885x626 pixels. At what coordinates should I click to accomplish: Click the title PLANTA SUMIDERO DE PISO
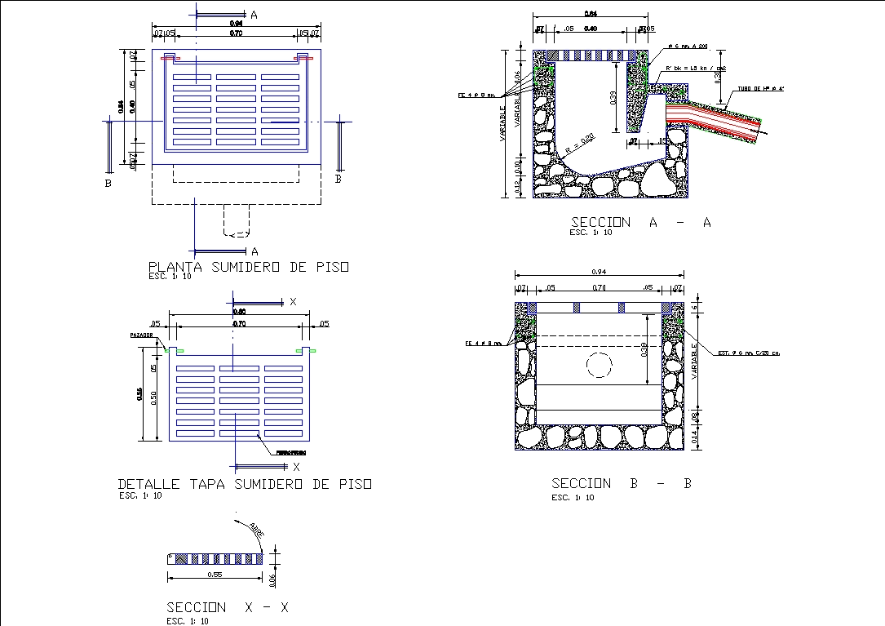[249, 267]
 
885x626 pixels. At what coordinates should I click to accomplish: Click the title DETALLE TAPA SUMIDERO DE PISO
[245, 484]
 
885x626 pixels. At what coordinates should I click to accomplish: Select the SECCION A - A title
[640, 223]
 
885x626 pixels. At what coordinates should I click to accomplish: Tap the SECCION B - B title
[622, 484]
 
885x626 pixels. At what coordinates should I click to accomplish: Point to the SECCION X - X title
[228, 607]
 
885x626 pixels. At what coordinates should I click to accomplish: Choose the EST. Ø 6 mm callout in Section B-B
[749, 353]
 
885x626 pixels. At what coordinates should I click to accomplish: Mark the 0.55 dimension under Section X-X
[215, 575]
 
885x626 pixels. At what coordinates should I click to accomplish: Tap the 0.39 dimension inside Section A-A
[613, 98]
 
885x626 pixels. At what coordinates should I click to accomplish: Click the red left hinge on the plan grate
[169, 58]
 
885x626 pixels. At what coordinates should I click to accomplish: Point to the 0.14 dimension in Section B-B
[694, 437]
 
